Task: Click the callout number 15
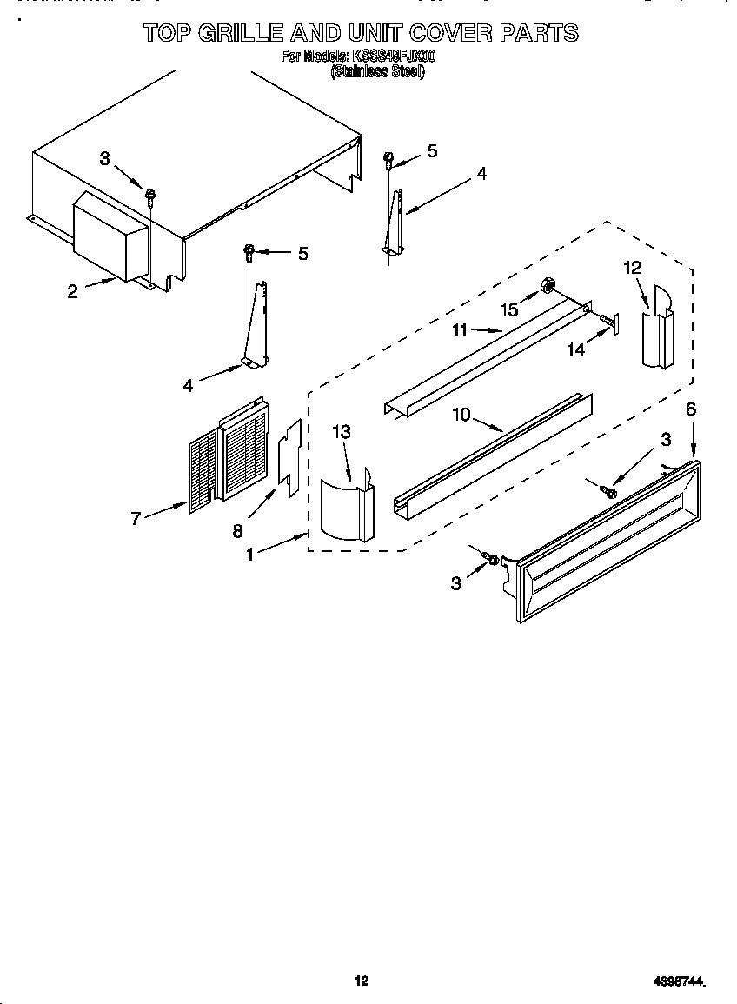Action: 510,309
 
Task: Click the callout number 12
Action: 632,268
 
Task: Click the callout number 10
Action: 461,415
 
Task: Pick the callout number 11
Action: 460,330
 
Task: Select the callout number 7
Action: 136,519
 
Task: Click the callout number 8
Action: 237,532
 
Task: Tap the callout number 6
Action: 691,409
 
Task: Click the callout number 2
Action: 73,291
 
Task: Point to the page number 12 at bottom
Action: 362,981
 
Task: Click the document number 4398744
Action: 679,981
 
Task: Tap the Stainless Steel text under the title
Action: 376,73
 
